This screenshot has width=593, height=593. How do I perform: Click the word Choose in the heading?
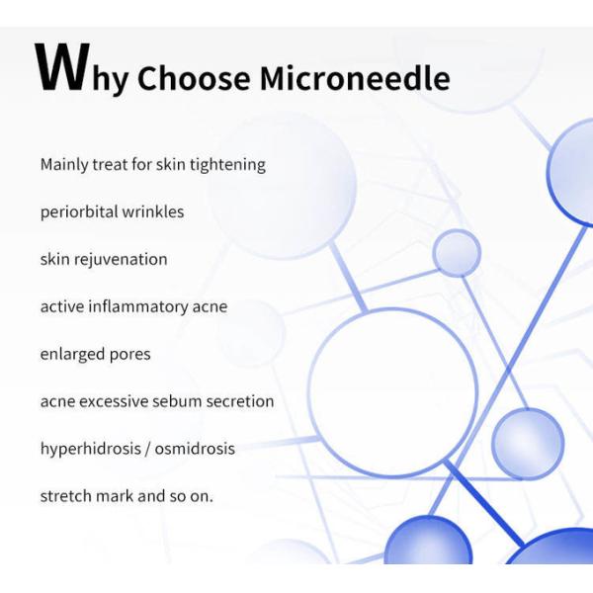coord(192,77)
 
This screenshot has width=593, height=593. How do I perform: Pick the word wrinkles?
coord(152,212)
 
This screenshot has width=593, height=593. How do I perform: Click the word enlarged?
coord(72,354)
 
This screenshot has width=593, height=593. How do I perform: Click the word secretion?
coord(241,401)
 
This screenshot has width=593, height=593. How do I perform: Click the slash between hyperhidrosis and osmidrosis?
coord(146,449)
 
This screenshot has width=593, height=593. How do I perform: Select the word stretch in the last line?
coord(65,496)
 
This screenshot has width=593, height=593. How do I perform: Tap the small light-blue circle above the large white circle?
coord(457,253)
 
